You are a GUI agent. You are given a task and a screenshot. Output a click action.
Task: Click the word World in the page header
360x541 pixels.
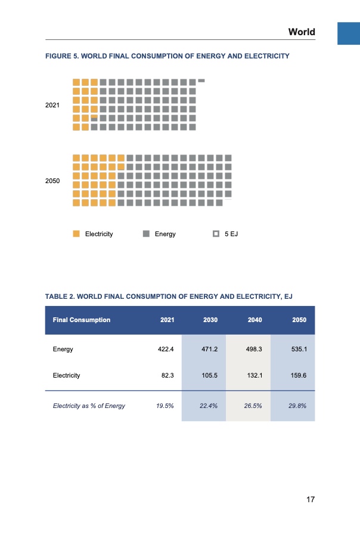pos(301,32)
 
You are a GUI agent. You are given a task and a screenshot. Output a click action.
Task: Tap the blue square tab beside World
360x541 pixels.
pos(349,33)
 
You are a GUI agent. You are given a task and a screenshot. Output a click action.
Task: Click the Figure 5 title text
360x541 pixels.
pos(167,56)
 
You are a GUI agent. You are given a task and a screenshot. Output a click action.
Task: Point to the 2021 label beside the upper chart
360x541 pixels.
pos(53,105)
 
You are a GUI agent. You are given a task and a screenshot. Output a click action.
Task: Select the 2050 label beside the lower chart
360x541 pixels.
pos(53,180)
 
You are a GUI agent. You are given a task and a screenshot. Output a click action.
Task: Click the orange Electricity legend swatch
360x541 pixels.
pos(76,234)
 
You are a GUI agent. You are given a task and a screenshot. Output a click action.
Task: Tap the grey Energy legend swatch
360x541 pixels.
pos(146,234)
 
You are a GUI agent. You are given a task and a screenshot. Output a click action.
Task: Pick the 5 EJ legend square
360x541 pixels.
pos(216,234)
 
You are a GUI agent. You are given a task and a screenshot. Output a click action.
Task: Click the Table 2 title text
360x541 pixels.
pos(169,296)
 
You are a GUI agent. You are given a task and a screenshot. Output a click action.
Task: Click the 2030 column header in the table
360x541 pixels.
pos(210,320)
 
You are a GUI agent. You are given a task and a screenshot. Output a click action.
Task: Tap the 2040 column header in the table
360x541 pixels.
pos(255,320)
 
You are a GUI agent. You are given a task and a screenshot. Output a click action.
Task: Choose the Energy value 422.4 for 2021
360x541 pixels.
pos(164,350)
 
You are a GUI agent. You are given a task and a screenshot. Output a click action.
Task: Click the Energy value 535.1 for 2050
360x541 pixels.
pos(299,350)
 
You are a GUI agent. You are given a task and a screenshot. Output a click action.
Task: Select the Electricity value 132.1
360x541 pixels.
pos(255,376)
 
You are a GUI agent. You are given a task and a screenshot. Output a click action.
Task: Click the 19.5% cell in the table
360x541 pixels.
pos(165,406)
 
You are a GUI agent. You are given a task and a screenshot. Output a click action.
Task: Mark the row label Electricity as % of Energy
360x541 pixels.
pos(89,406)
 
